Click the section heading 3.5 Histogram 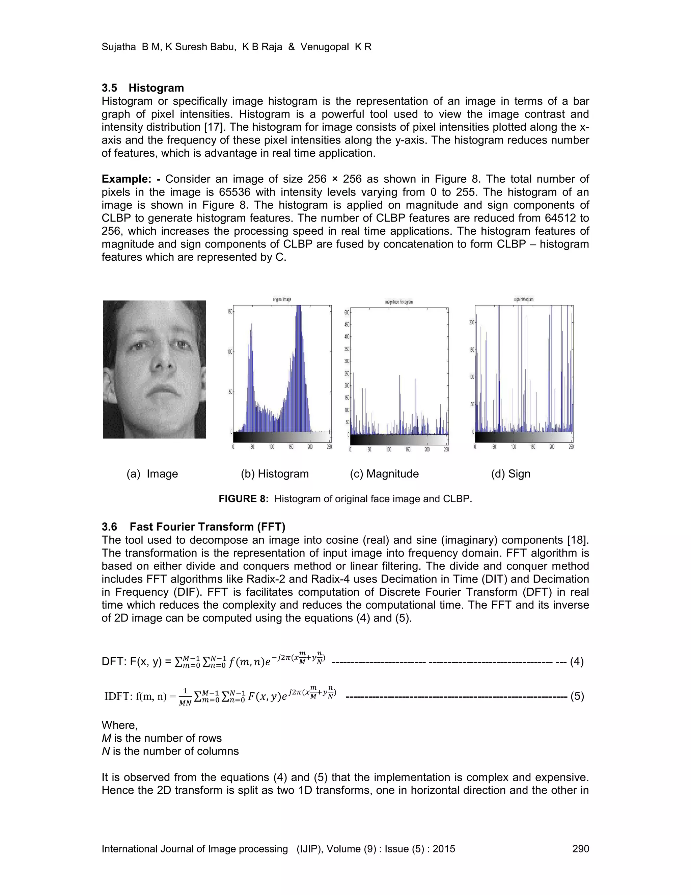click(142, 88)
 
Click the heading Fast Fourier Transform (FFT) click(208, 527)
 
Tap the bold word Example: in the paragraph click(127, 179)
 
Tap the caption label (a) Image click(152, 474)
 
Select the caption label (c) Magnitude click(384, 474)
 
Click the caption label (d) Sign click(510, 474)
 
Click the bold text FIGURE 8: click(243, 499)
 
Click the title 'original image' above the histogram click(282, 300)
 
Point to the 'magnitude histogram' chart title click(399, 302)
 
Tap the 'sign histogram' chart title click(524, 300)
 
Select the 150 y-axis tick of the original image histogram click(230, 311)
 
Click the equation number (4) click(576, 662)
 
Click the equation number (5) click(576, 696)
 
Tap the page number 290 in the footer click(580, 849)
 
